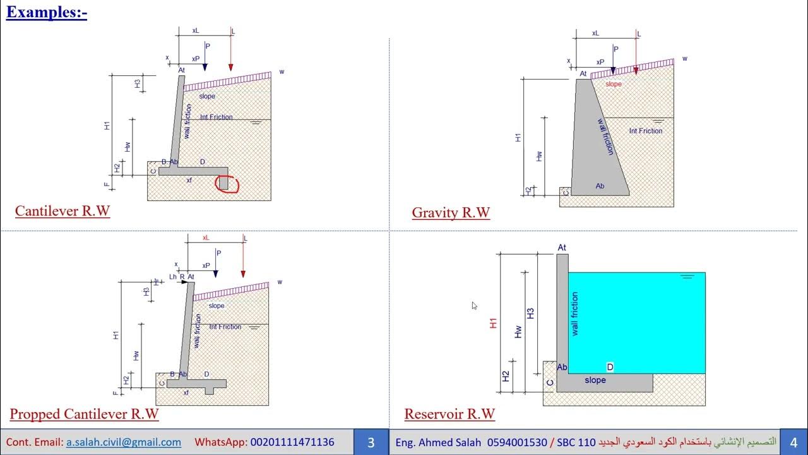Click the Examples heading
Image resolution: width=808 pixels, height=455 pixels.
(x=47, y=13)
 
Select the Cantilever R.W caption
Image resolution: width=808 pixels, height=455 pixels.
(x=62, y=211)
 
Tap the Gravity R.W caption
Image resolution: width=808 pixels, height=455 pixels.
(x=451, y=213)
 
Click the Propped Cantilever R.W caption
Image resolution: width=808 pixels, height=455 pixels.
(x=84, y=415)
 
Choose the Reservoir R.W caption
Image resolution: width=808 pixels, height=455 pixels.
(x=449, y=415)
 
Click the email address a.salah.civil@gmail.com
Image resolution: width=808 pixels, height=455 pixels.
(x=123, y=442)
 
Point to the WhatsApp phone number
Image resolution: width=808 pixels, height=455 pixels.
(x=292, y=442)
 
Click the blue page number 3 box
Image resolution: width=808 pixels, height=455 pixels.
(x=371, y=442)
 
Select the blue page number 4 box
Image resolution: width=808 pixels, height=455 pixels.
(x=793, y=442)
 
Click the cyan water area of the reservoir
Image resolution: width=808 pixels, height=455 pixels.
(x=638, y=322)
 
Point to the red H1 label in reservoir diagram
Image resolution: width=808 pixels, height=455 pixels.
(x=494, y=323)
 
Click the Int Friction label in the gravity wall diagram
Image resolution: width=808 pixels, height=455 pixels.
(x=646, y=131)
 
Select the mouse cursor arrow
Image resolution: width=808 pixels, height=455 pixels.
(x=474, y=305)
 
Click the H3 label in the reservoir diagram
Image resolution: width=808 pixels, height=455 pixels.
(x=530, y=313)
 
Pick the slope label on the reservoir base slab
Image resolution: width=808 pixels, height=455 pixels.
(x=595, y=380)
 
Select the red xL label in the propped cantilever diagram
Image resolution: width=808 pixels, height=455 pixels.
(x=206, y=238)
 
